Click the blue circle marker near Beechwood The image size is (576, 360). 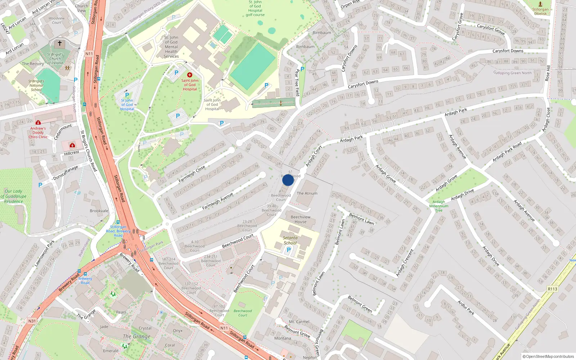[288, 180]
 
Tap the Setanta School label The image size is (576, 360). [290, 240]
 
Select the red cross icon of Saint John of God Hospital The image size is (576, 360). [190, 75]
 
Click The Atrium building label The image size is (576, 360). [307, 193]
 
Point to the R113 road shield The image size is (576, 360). [552, 289]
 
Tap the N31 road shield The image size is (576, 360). [32, 321]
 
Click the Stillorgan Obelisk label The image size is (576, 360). [540, 12]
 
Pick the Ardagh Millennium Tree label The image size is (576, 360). [439, 206]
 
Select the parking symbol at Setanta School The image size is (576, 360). [288, 250]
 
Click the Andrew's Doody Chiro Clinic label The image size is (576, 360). [38, 132]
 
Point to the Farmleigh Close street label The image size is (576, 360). [192, 174]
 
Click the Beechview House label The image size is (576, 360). [301, 219]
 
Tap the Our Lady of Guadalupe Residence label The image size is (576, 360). [14, 196]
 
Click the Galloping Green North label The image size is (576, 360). [512, 73]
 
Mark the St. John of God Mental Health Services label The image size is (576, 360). [171, 47]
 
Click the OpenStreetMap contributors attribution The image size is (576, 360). [548, 356]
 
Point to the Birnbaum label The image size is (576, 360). [322, 32]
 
